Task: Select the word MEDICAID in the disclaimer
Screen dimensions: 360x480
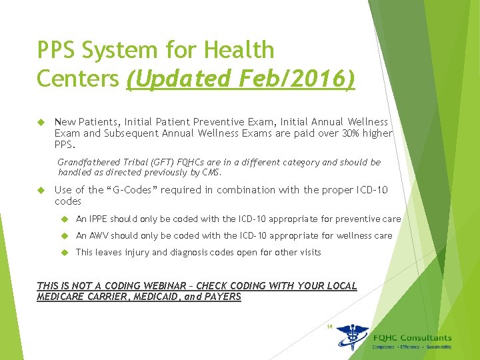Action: (147, 297)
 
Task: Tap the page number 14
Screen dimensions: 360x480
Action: (329, 327)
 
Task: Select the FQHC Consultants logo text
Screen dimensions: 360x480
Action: (411, 338)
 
